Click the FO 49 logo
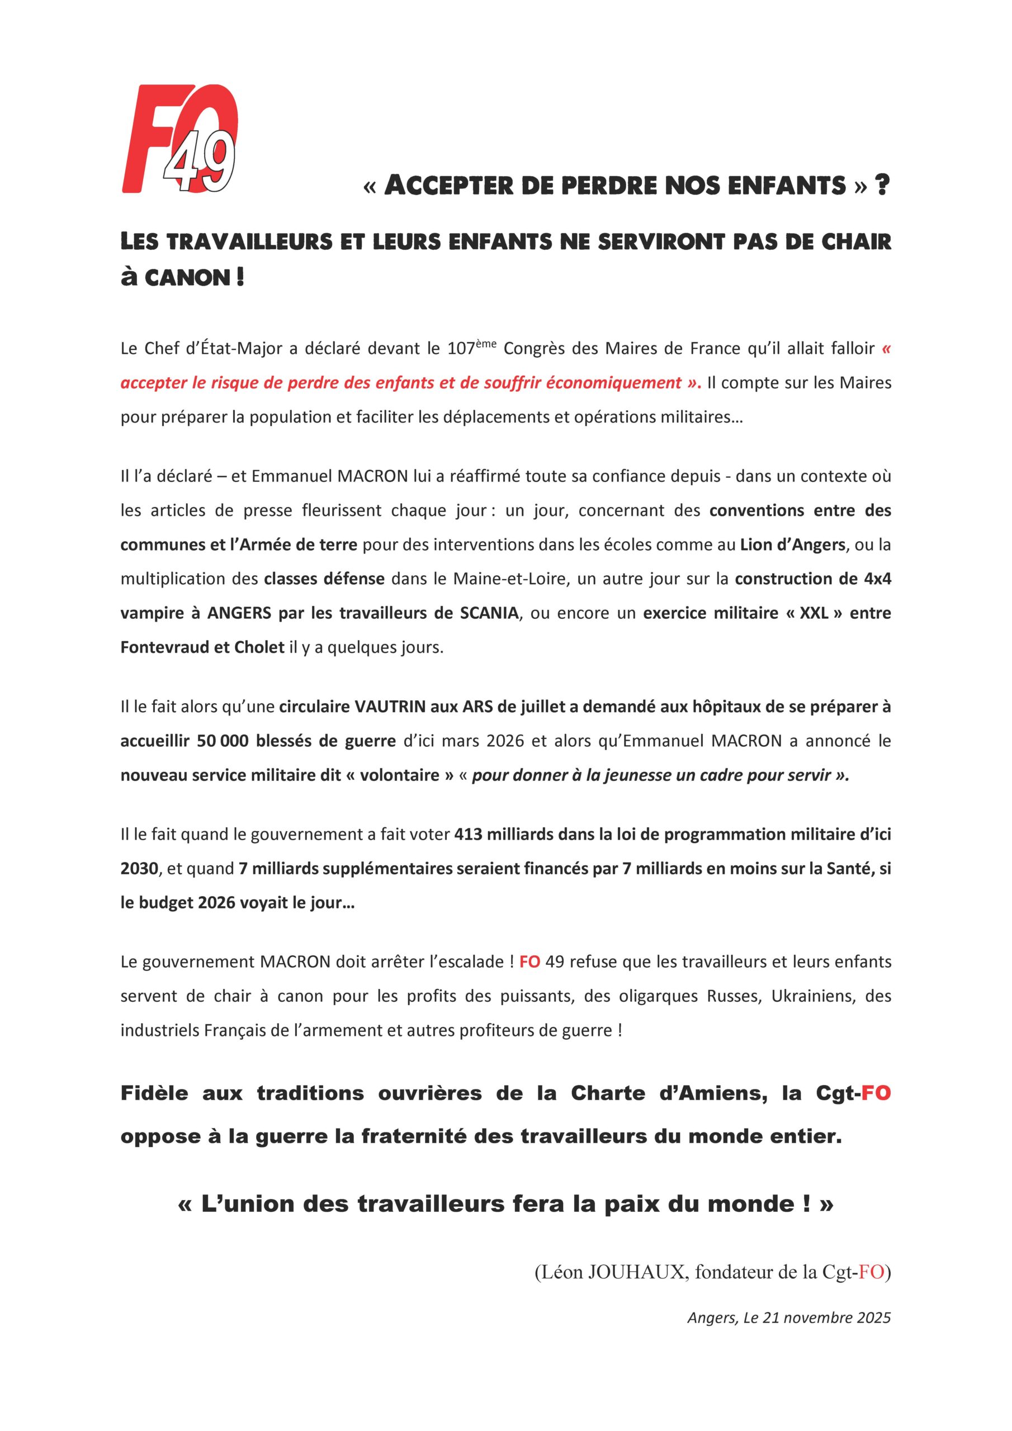(x=179, y=140)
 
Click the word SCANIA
(x=489, y=613)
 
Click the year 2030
(x=139, y=869)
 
